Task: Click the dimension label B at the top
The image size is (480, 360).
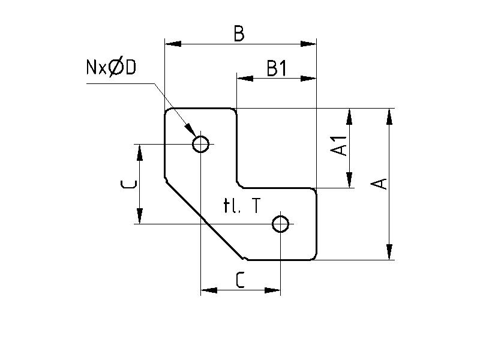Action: (239, 34)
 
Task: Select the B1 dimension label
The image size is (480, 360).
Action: (277, 69)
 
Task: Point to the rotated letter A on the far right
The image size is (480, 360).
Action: (378, 183)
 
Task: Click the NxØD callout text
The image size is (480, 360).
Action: (112, 67)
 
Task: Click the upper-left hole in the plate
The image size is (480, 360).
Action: (200, 144)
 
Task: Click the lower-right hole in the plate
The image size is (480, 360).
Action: (280, 224)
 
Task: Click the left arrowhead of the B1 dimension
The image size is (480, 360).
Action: (244, 77)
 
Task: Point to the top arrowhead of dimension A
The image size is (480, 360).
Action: (389, 116)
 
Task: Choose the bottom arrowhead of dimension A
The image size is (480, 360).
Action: (389, 252)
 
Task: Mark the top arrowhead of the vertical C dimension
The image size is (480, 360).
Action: (140, 152)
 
